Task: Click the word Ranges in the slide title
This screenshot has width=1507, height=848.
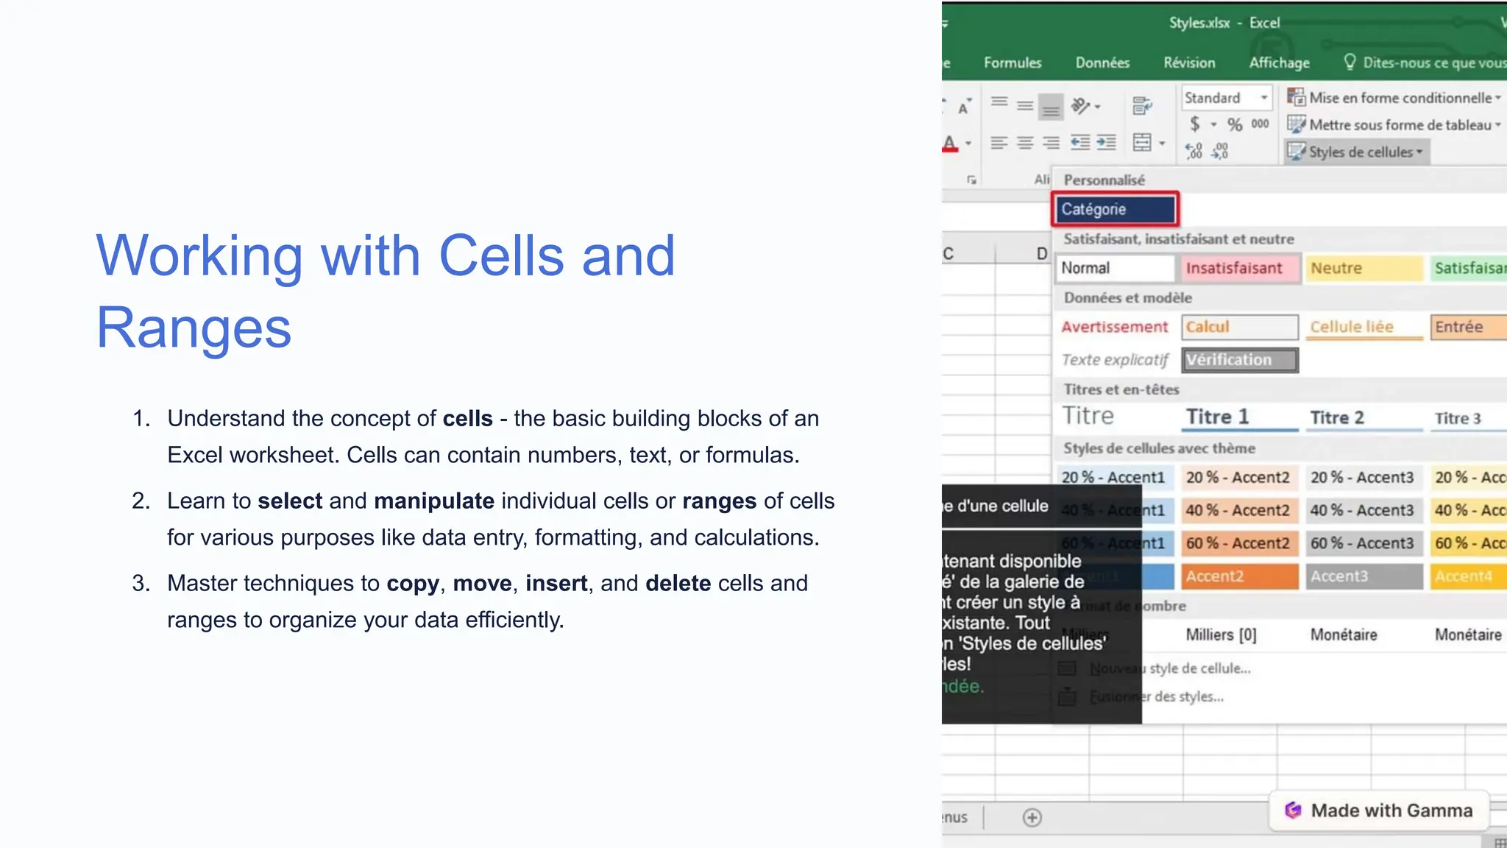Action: point(194,328)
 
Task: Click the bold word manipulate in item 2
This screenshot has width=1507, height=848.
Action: point(433,501)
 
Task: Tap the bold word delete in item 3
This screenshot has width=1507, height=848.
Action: point(678,584)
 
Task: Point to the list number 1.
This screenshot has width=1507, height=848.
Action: point(141,419)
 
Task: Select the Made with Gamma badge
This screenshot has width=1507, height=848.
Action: point(1379,810)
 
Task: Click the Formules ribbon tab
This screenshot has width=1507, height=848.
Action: point(1013,63)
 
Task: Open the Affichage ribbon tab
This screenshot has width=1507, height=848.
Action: point(1279,63)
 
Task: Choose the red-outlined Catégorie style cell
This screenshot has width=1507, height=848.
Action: point(1115,210)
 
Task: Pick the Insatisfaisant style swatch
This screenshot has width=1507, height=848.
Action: point(1239,269)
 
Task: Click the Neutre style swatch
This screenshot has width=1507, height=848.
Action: point(1362,269)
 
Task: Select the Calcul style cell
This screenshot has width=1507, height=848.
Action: point(1239,327)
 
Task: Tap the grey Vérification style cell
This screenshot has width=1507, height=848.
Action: point(1239,360)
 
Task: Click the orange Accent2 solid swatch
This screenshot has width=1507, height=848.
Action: point(1239,576)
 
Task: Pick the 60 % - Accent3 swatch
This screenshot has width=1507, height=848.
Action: point(1362,543)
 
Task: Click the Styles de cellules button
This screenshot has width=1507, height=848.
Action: point(1357,152)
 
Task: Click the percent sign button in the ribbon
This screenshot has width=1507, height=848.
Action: point(1235,125)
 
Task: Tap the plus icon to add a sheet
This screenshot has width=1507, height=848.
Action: point(1032,818)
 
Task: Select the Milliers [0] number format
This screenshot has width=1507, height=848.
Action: point(1221,635)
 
